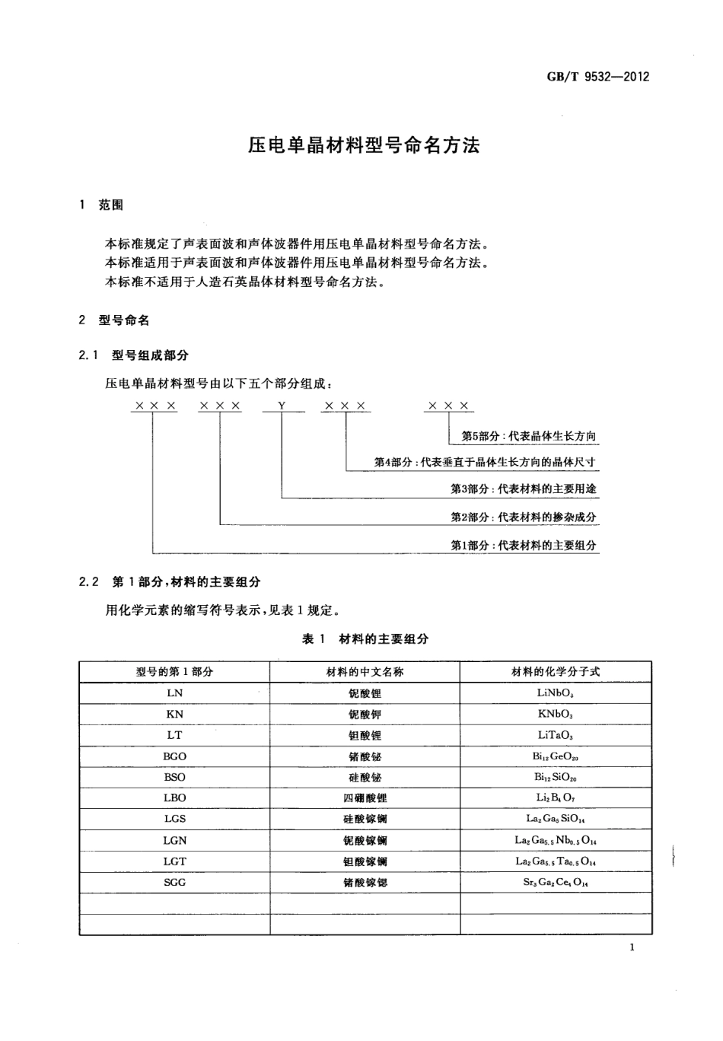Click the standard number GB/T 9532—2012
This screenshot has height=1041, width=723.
(597, 77)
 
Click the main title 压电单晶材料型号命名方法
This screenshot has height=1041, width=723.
(364, 145)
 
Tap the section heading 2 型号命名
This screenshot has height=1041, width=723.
(113, 320)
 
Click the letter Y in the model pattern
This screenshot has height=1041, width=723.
(282, 406)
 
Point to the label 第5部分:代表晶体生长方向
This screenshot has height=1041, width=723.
(529, 437)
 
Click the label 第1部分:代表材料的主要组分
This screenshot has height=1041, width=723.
(524, 546)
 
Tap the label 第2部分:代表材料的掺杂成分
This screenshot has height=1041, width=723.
(524, 517)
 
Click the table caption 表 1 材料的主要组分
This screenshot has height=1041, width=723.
(365, 639)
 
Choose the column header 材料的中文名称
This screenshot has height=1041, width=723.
(365, 672)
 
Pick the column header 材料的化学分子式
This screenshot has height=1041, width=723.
(556, 672)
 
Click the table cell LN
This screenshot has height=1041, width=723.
(174, 693)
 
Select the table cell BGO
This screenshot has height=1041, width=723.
(174, 756)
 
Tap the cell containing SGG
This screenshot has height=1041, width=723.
(174, 883)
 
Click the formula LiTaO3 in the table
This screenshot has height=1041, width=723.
(556, 736)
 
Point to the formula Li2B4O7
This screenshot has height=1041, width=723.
(556, 798)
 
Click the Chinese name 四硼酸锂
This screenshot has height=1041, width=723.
(365, 798)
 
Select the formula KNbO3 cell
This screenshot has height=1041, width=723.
(556, 715)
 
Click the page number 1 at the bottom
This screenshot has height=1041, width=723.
(632, 947)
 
